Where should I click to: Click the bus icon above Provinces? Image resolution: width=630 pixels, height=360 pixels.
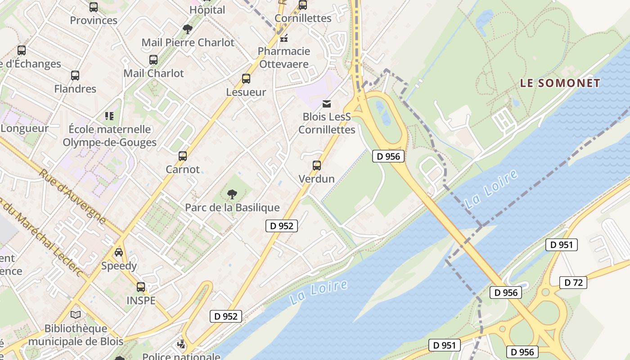[x=94, y=7]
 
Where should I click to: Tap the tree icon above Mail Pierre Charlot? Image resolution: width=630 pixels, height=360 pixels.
[x=188, y=29]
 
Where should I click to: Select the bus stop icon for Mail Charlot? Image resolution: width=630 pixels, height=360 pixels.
[x=153, y=60]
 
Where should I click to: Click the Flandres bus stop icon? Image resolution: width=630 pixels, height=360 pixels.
[x=75, y=76]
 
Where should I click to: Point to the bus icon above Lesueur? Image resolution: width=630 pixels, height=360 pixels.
[x=246, y=79]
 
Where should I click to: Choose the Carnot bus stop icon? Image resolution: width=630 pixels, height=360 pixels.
[x=183, y=156]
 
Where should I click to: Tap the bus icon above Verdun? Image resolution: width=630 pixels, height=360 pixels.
[x=317, y=166]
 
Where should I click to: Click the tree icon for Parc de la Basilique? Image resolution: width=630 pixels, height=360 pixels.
[x=232, y=194]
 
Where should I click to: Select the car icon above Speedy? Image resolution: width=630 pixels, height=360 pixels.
[x=119, y=252]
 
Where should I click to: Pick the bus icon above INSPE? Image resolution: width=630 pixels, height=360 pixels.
[x=141, y=287]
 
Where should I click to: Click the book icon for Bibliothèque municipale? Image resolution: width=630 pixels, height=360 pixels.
[x=76, y=315]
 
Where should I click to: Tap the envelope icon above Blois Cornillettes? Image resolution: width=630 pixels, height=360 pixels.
[x=327, y=104]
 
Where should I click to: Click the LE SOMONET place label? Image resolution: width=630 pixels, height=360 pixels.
[x=560, y=83]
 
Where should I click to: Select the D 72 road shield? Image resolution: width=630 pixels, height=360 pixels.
[x=573, y=283]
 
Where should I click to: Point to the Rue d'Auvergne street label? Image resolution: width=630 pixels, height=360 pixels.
[x=72, y=196]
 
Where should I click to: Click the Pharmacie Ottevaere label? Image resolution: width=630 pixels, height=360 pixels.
[x=284, y=58]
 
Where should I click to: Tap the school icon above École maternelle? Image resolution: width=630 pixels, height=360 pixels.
[x=109, y=116]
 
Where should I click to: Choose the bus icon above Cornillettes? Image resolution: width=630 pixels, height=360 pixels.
[x=303, y=5]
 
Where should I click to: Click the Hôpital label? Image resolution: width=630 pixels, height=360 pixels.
[x=207, y=10]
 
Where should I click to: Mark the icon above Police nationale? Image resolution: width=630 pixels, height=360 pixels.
[x=181, y=345]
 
